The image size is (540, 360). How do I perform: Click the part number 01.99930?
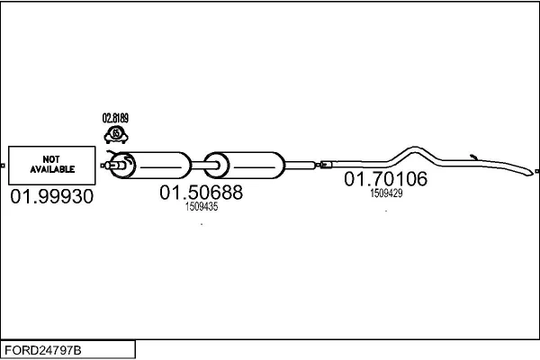coord(51,197)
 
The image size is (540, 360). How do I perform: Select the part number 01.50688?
coord(202,193)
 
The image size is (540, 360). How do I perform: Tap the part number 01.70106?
coord(386,179)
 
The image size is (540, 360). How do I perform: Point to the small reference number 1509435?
coord(202,207)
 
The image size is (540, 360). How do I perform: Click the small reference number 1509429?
coord(386,193)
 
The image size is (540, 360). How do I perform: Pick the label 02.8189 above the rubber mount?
coord(116,118)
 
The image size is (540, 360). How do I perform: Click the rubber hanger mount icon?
coord(116,134)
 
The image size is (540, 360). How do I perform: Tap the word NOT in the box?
coord(50,159)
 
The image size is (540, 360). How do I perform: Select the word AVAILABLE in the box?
coord(50,169)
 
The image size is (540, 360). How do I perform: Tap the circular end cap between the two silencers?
coord(214,166)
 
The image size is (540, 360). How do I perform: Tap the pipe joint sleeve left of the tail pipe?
coord(327,165)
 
